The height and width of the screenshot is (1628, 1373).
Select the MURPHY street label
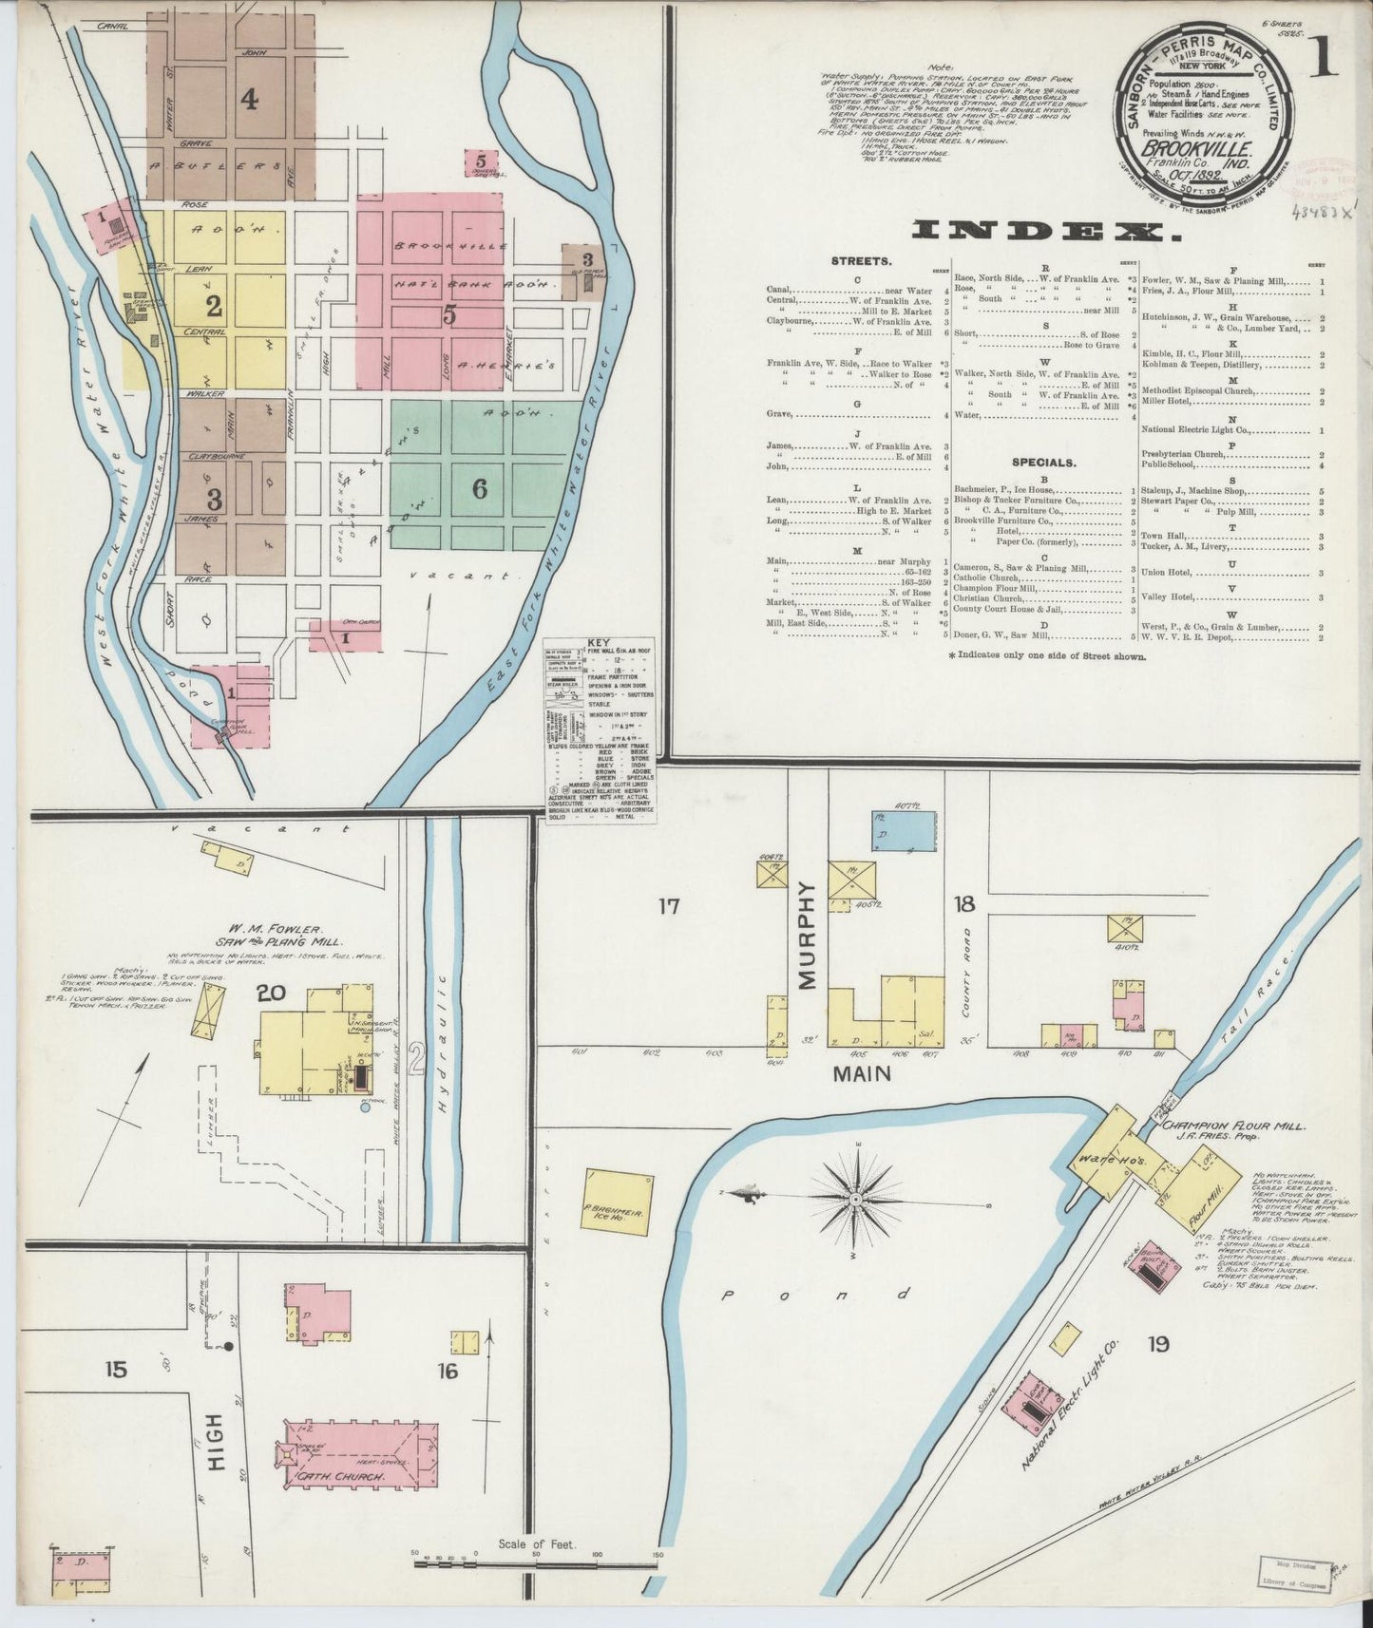point(808,936)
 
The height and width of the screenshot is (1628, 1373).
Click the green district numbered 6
point(480,488)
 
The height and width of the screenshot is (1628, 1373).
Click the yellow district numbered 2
point(214,306)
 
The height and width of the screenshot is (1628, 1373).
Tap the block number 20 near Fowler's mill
point(272,994)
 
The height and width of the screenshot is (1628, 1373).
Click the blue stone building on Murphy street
point(903,831)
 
